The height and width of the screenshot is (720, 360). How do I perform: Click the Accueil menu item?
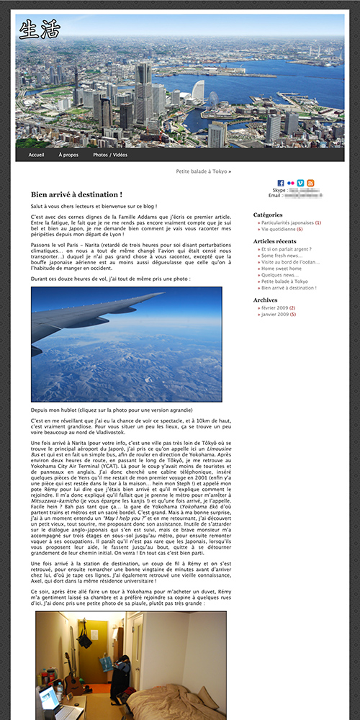36,155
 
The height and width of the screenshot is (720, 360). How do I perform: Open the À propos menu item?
68,155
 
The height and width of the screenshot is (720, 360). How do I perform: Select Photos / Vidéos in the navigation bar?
110,155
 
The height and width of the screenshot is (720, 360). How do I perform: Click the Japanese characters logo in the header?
39,30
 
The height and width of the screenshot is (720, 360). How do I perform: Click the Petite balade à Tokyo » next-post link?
204,172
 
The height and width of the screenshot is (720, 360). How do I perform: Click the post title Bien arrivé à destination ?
76,194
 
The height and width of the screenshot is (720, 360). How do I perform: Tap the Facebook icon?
281,183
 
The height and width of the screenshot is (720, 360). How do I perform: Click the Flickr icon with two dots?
291,183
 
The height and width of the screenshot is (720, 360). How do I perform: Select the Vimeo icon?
300,183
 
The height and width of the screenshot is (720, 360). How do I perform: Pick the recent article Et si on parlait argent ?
286,249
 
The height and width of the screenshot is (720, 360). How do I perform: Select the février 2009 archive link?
274,308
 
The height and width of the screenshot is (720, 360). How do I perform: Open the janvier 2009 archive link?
274,315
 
